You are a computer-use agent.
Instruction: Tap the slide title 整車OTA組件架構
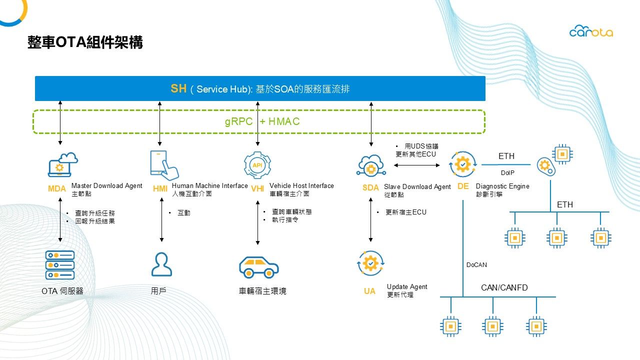click(x=85, y=42)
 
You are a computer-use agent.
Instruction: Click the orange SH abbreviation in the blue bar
click(x=178, y=89)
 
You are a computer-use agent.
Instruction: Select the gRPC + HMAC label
click(x=262, y=121)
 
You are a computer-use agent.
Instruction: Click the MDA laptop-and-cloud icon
click(x=62, y=164)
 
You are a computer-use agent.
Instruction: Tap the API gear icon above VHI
click(x=257, y=165)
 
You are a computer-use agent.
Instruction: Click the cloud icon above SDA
click(x=370, y=165)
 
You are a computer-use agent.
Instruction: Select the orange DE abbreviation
click(x=463, y=186)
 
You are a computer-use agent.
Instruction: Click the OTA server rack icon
click(x=60, y=265)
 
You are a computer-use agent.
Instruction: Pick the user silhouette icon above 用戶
click(x=161, y=264)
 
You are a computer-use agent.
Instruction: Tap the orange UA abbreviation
click(x=369, y=291)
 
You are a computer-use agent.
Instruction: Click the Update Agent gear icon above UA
click(x=370, y=263)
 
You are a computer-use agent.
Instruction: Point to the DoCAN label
click(x=476, y=265)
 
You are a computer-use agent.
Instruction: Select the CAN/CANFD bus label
click(x=504, y=287)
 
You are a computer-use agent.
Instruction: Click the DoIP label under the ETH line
click(x=507, y=173)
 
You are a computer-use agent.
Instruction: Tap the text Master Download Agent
click(x=107, y=186)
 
